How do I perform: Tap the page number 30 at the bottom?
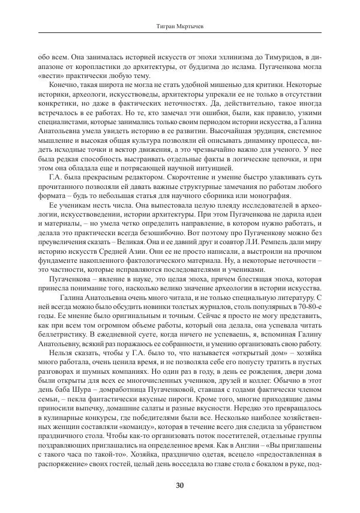coord(179,485)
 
